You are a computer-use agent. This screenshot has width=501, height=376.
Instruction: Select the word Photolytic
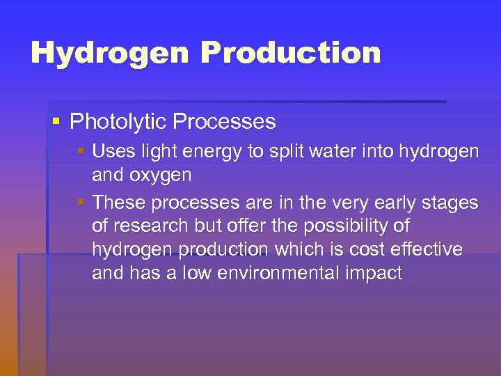pyautogui.click(x=118, y=122)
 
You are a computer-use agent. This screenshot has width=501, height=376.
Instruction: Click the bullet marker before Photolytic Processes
pyautogui.click(x=56, y=122)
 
